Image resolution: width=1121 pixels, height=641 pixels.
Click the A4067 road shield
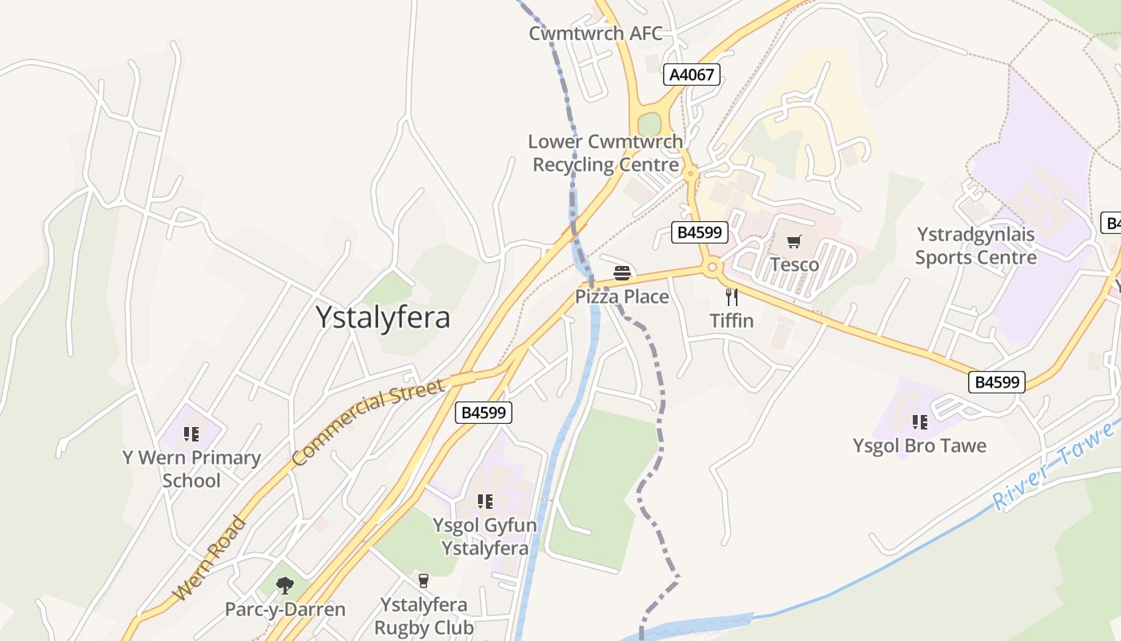[x=692, y=75]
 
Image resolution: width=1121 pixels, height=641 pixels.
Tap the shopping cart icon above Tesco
[x=794, y=242]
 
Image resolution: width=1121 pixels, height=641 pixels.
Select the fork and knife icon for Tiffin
[x=731, y=297]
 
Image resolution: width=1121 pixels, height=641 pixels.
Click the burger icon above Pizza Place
[x=622, y=273]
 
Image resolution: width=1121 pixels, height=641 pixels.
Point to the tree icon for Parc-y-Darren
[x=284, y=586]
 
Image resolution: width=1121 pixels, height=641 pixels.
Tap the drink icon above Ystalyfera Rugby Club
[x=424, y=580]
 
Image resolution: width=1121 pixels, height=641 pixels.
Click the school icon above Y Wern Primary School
[x=191, y=434]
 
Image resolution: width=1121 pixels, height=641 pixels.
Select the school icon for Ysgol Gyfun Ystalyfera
[x=484, y=502]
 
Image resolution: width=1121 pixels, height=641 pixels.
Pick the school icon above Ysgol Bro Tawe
[x=919, y=421]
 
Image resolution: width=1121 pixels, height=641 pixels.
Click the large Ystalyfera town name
[x=383, y=317]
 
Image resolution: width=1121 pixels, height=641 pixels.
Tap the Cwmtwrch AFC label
[x=596, y=34]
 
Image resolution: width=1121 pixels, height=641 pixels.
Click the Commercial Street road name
[x=368, y=424]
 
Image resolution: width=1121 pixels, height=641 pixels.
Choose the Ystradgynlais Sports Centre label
[x=975, y=246]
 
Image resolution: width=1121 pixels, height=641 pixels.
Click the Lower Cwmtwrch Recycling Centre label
[x=605, y=153]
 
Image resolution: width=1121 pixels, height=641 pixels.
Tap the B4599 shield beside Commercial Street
[x=484, y=413]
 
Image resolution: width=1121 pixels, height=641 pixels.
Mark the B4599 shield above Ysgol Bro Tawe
[x=996, y=382]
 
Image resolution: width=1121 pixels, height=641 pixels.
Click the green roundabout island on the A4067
[x=649, y=125]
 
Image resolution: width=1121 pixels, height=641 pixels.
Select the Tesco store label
[x=794, y=264]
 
